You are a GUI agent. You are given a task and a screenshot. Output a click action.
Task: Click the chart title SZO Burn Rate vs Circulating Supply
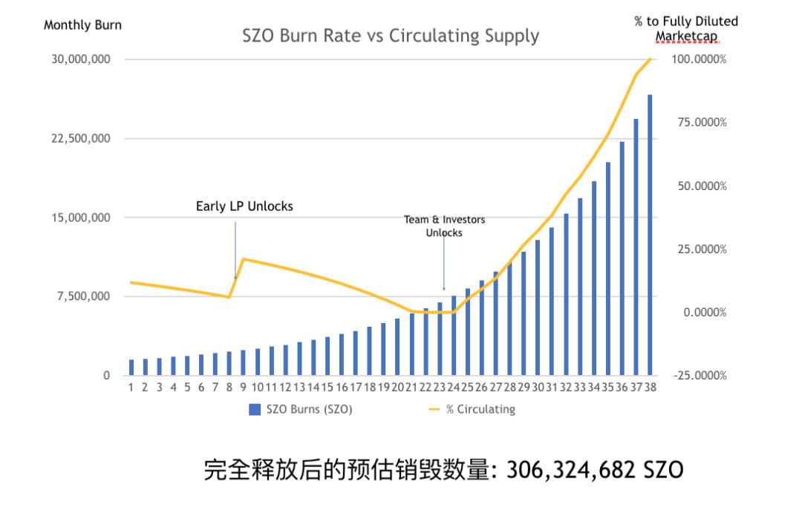[391, 35]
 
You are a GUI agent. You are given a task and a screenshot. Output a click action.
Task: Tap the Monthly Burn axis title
[82, 25]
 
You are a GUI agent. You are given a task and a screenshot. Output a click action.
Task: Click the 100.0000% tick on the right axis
[698, 59]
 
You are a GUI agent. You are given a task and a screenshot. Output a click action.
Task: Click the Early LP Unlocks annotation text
[244, 206]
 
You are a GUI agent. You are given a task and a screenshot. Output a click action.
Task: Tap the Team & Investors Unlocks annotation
[443, 226]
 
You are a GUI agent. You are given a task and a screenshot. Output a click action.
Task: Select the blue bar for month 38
[650, 235]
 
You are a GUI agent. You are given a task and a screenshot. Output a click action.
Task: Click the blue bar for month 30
[538, 307]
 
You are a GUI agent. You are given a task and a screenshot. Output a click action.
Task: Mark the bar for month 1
[131, 368]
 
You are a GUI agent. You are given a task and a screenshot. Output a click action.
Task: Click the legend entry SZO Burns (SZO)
[300, 408]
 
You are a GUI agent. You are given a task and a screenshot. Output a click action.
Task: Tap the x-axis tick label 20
[397, 387]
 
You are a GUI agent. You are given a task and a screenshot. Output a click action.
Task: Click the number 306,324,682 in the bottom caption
[568, 469]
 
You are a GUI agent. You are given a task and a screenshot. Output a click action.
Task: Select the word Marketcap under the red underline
[686, 35]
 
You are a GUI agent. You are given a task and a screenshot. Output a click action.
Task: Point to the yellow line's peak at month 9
[244, 259]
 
